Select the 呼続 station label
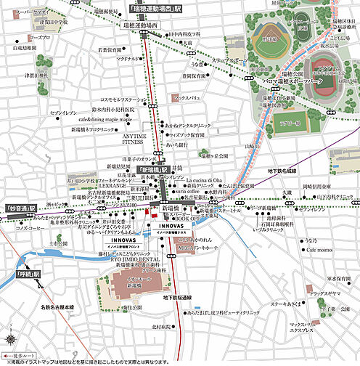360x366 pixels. pyautogui.click(x=28, y=274)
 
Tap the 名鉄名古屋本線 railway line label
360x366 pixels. pyautogui.click(x=58, y=308)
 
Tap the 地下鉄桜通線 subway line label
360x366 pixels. pyautogui.click(x=176, y=298)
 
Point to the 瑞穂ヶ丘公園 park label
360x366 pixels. pyautogui.click(x=214, y=155)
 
